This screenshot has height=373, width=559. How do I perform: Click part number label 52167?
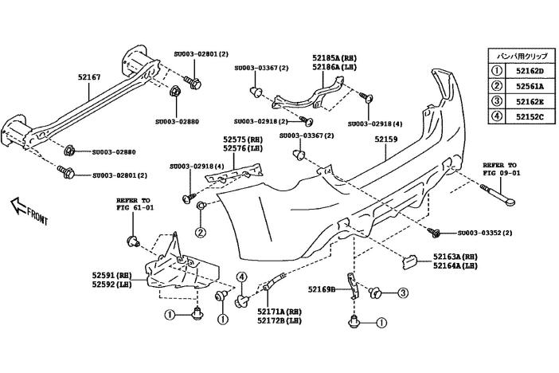click(89, 77)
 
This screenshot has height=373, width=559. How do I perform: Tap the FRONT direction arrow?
click(31, 210)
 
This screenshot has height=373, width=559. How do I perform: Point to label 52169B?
click(322, 289)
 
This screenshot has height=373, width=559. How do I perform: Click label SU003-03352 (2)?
click(485, 233)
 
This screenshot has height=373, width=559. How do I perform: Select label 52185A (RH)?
click(334, 58)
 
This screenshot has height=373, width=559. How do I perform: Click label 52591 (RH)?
click(111, 275)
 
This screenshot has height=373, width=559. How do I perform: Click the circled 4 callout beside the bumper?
click(240, 278)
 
